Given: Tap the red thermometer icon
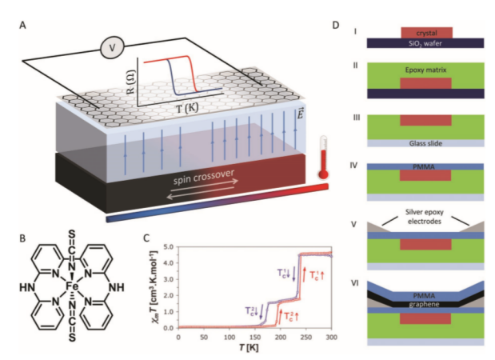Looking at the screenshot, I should pos(323,159).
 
